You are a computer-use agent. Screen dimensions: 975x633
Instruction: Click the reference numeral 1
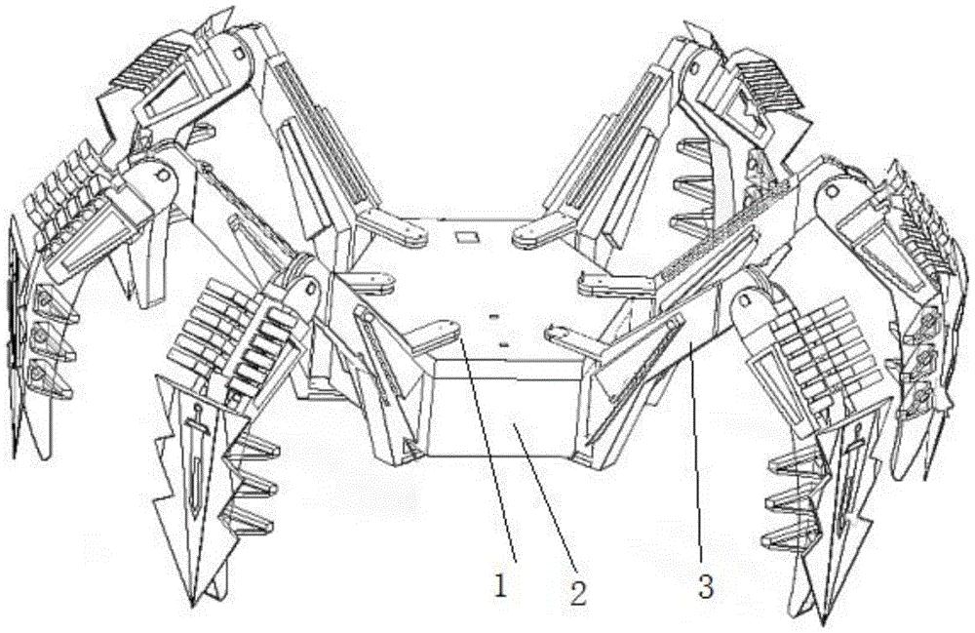pyautogui.click(x=501, y=585)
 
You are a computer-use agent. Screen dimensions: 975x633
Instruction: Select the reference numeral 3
pyautogui.click(x=705, y=587)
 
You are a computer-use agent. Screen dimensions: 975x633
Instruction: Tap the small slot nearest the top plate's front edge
pyautogui.click(x=504, y=343)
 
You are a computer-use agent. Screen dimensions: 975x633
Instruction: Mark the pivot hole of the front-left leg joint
pyautogui.click(x=309, y=287)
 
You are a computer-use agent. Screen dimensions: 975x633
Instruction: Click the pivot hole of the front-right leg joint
pyautogui.click(x=742, y=301)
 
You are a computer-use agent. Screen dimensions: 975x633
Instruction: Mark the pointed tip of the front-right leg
pyautogui.click(x=824, y=622)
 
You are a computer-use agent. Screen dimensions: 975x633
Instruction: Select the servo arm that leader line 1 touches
pyautogui.click(x=436, y=334)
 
